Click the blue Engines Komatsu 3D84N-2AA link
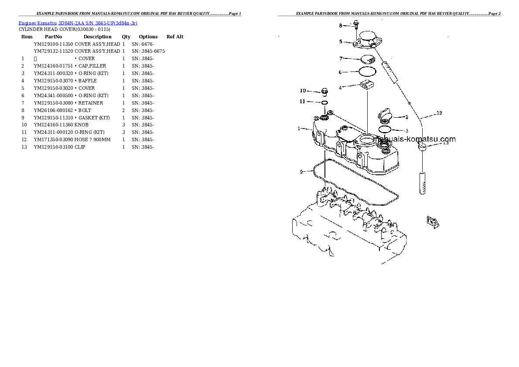point(78,23)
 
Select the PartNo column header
point(53,37)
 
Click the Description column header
point(97,37)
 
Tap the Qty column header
point(126,37)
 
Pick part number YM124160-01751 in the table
point(53,66)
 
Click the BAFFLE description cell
point(87,81)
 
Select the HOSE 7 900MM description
point(92,139)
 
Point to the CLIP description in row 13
point(80,147)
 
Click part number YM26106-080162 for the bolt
point(53,110)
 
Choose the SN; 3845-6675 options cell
point(148,51)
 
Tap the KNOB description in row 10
point(82,125)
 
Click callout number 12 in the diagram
point(439,113)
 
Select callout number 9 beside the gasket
point(301,172)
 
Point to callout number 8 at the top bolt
point(341,26)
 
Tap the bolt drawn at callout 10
point(324,92)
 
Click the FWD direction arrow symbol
point(433,222)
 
